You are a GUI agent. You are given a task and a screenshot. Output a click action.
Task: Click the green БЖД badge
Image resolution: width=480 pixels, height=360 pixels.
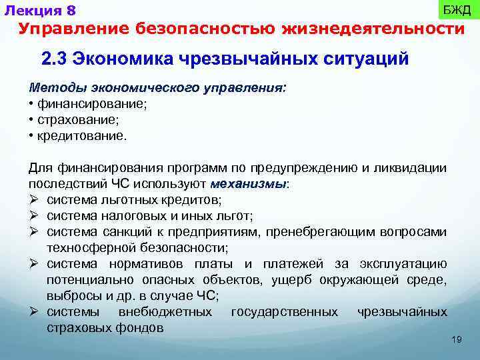457,10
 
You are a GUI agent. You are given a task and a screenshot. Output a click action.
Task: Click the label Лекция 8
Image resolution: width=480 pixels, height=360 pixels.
39,10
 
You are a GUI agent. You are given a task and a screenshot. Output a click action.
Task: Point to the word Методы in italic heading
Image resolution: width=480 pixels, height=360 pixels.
51,89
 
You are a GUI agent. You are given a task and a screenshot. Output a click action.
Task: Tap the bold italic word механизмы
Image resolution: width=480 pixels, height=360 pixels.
248,183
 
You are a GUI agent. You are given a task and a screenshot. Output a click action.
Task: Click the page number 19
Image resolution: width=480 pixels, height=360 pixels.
457,340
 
